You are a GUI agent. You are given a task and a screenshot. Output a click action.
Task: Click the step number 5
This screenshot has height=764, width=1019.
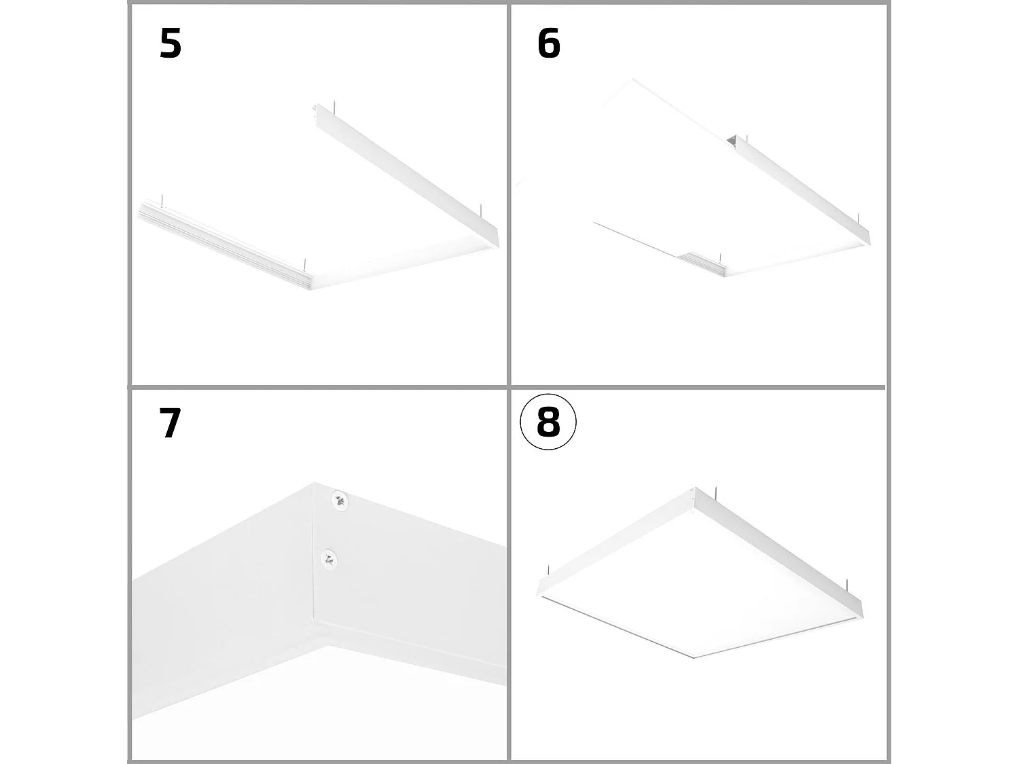pyautogui.click(x=171, y=44)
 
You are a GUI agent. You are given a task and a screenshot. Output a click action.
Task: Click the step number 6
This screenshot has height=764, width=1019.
pyautogui.click(x=548, y=44)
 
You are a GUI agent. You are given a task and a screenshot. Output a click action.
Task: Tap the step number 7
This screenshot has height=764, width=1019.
pyautogui.click(x=170, y=423)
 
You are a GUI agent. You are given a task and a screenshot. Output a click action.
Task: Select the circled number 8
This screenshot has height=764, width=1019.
pyautogui.click(x=548, y=422)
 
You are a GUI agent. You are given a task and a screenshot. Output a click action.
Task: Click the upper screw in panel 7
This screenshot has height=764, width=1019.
pyautogui.click(x=340, y=501)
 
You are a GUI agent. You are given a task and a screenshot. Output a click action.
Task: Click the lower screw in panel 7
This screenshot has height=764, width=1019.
pyautogui.click(x=329, y=559)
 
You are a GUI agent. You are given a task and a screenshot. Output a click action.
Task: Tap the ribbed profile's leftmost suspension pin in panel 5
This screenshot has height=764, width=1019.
pyautogui.click(x=162, y=200)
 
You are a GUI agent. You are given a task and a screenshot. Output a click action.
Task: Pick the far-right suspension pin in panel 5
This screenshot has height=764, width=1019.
pyautogui.click(x=480, y=209)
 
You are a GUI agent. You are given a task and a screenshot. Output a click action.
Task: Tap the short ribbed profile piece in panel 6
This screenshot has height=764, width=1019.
pyautogui.click(x=704, y=263)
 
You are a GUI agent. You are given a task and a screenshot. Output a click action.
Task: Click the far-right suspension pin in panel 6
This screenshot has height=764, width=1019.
pyautogui.click(x=859, y=219)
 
